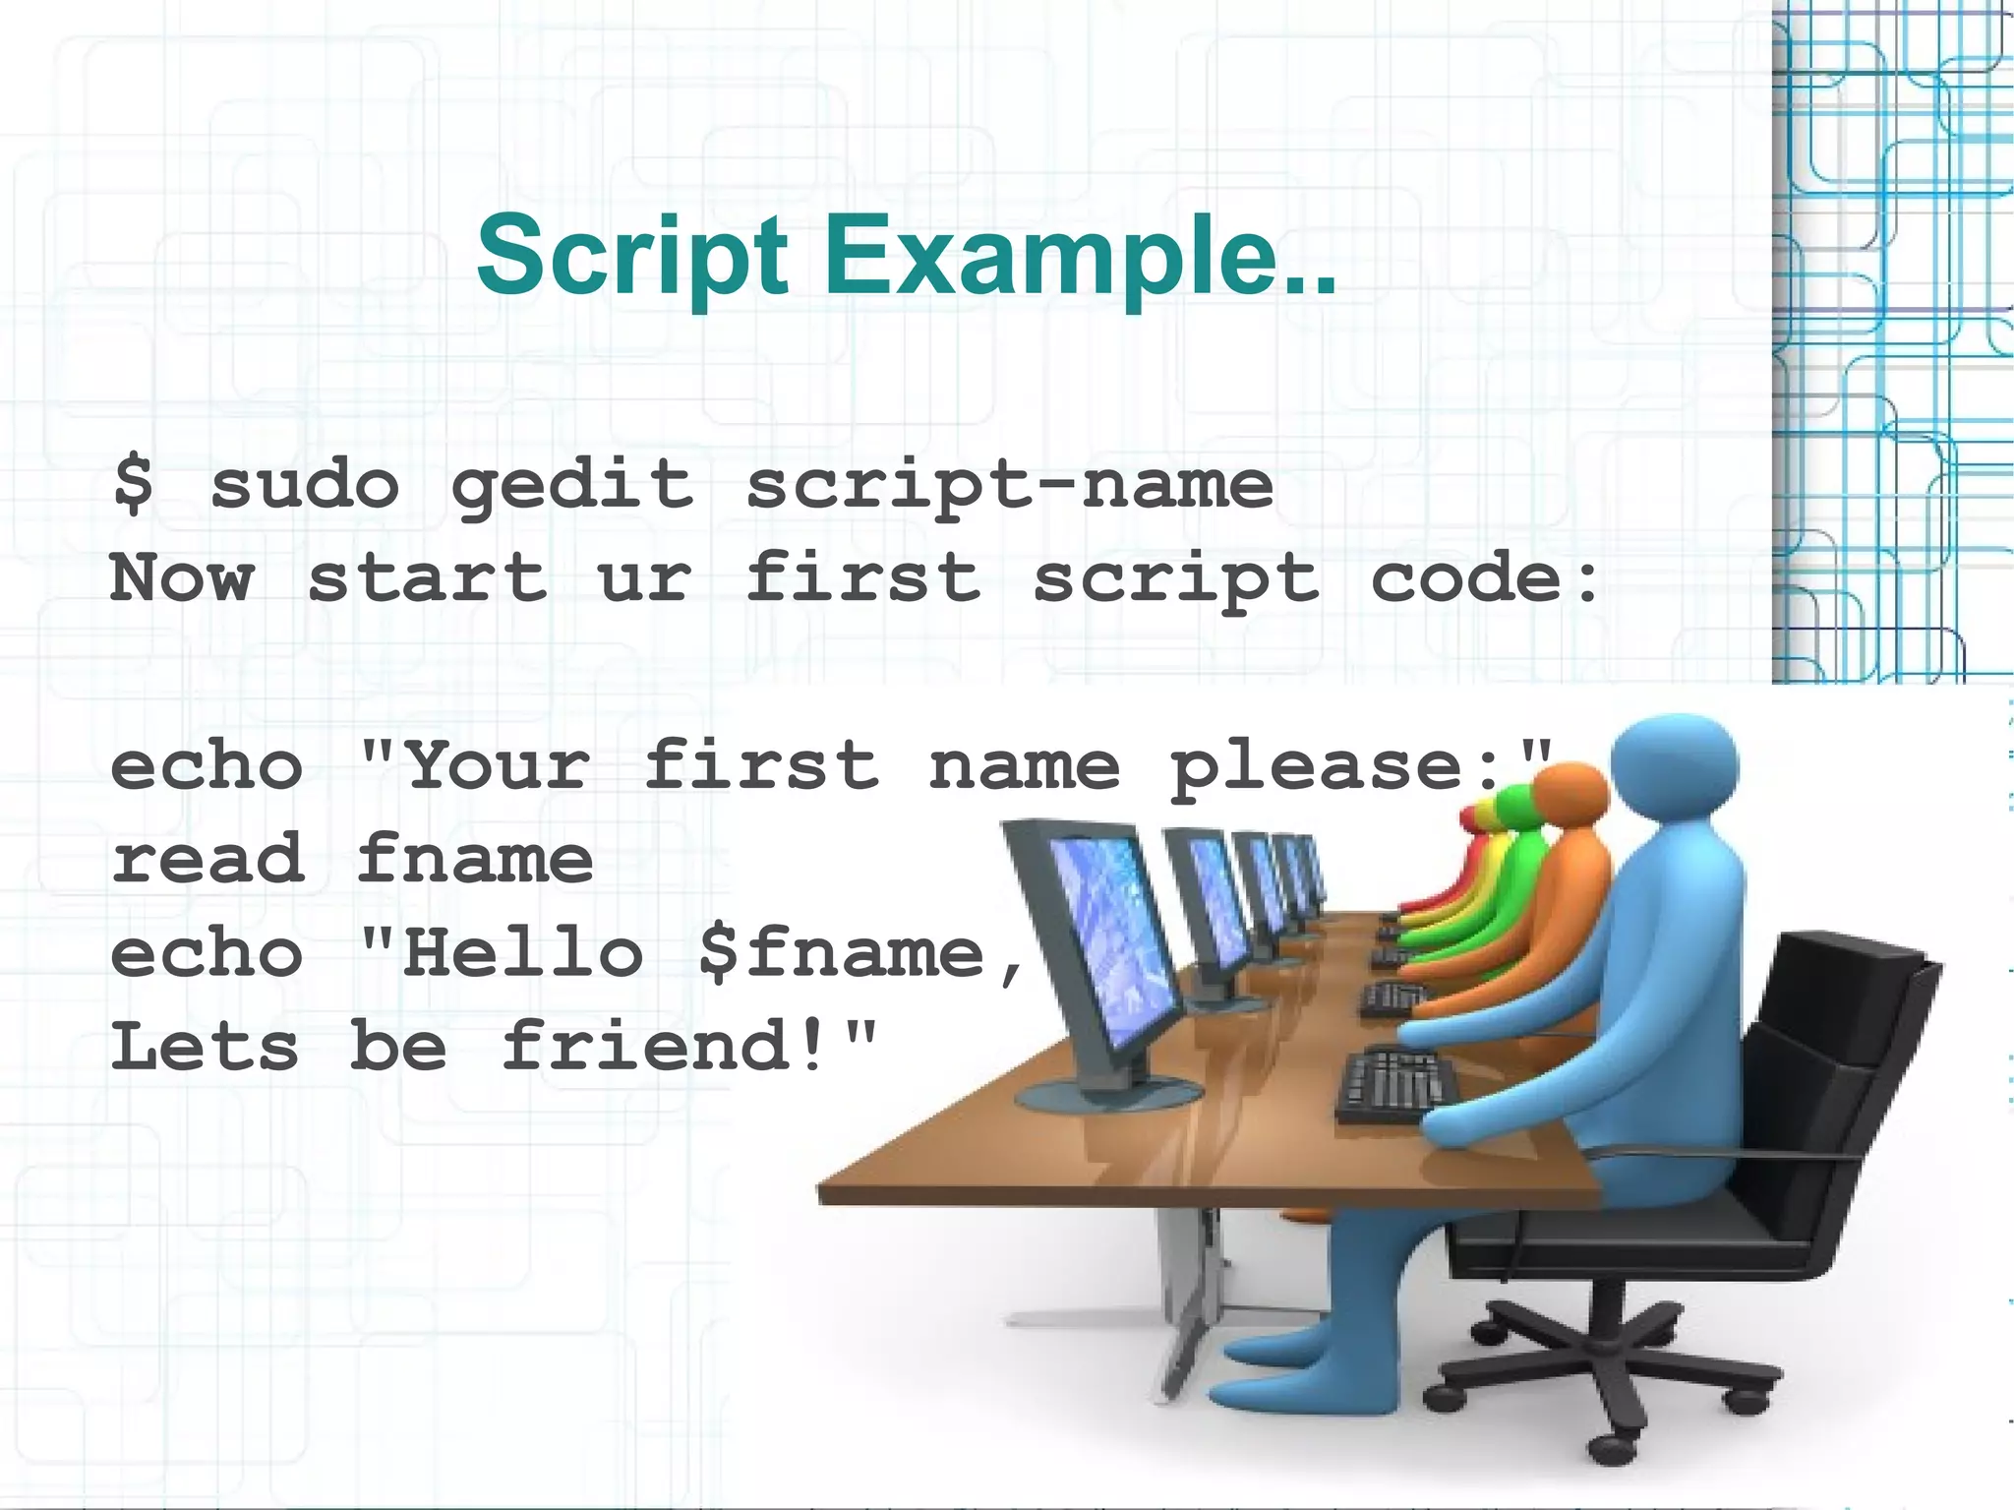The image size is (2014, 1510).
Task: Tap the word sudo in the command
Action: coord(305,484)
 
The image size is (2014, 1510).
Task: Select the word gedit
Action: coord(571,486)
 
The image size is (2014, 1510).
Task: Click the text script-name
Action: coord(1009,486)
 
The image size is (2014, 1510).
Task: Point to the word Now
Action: coord(183,577)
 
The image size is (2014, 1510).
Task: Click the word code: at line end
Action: coord(1484,577)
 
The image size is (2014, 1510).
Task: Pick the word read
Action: coord(207,859)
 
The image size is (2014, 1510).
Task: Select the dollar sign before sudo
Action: coord(134,484)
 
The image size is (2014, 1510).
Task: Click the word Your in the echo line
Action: coord(497,766)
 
